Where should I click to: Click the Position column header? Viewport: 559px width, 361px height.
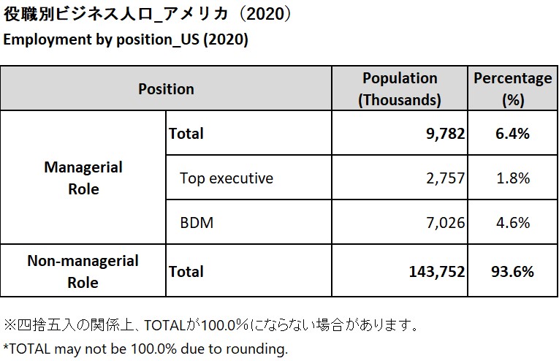click(x=166, y=89)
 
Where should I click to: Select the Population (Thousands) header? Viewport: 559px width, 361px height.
click(x=400, y=88)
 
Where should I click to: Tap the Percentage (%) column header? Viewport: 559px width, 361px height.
click(x=513, y=88)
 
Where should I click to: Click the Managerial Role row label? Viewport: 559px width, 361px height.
click(x=83, y=178)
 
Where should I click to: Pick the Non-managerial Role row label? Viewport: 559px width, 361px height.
click(x=83, y=271)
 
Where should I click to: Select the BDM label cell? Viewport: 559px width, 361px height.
click(x=197, y=222)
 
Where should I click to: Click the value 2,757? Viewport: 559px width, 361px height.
click(x=443, y=178)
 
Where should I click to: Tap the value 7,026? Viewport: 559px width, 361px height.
click(x=443, y=222)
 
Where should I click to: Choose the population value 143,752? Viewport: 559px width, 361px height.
click(x=432, y=271)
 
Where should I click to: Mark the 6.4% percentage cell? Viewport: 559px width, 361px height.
click(x=512, y=133)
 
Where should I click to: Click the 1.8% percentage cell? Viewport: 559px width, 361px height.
click(x=512, y=178)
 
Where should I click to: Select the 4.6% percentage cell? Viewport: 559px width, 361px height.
click(x=512, y=222)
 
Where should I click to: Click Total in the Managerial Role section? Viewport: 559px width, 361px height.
click(x=186, y=133)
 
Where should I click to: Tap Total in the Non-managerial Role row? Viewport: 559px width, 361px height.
click(x=186, y=271)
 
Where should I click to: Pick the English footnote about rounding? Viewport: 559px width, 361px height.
click(x=145, y=349)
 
